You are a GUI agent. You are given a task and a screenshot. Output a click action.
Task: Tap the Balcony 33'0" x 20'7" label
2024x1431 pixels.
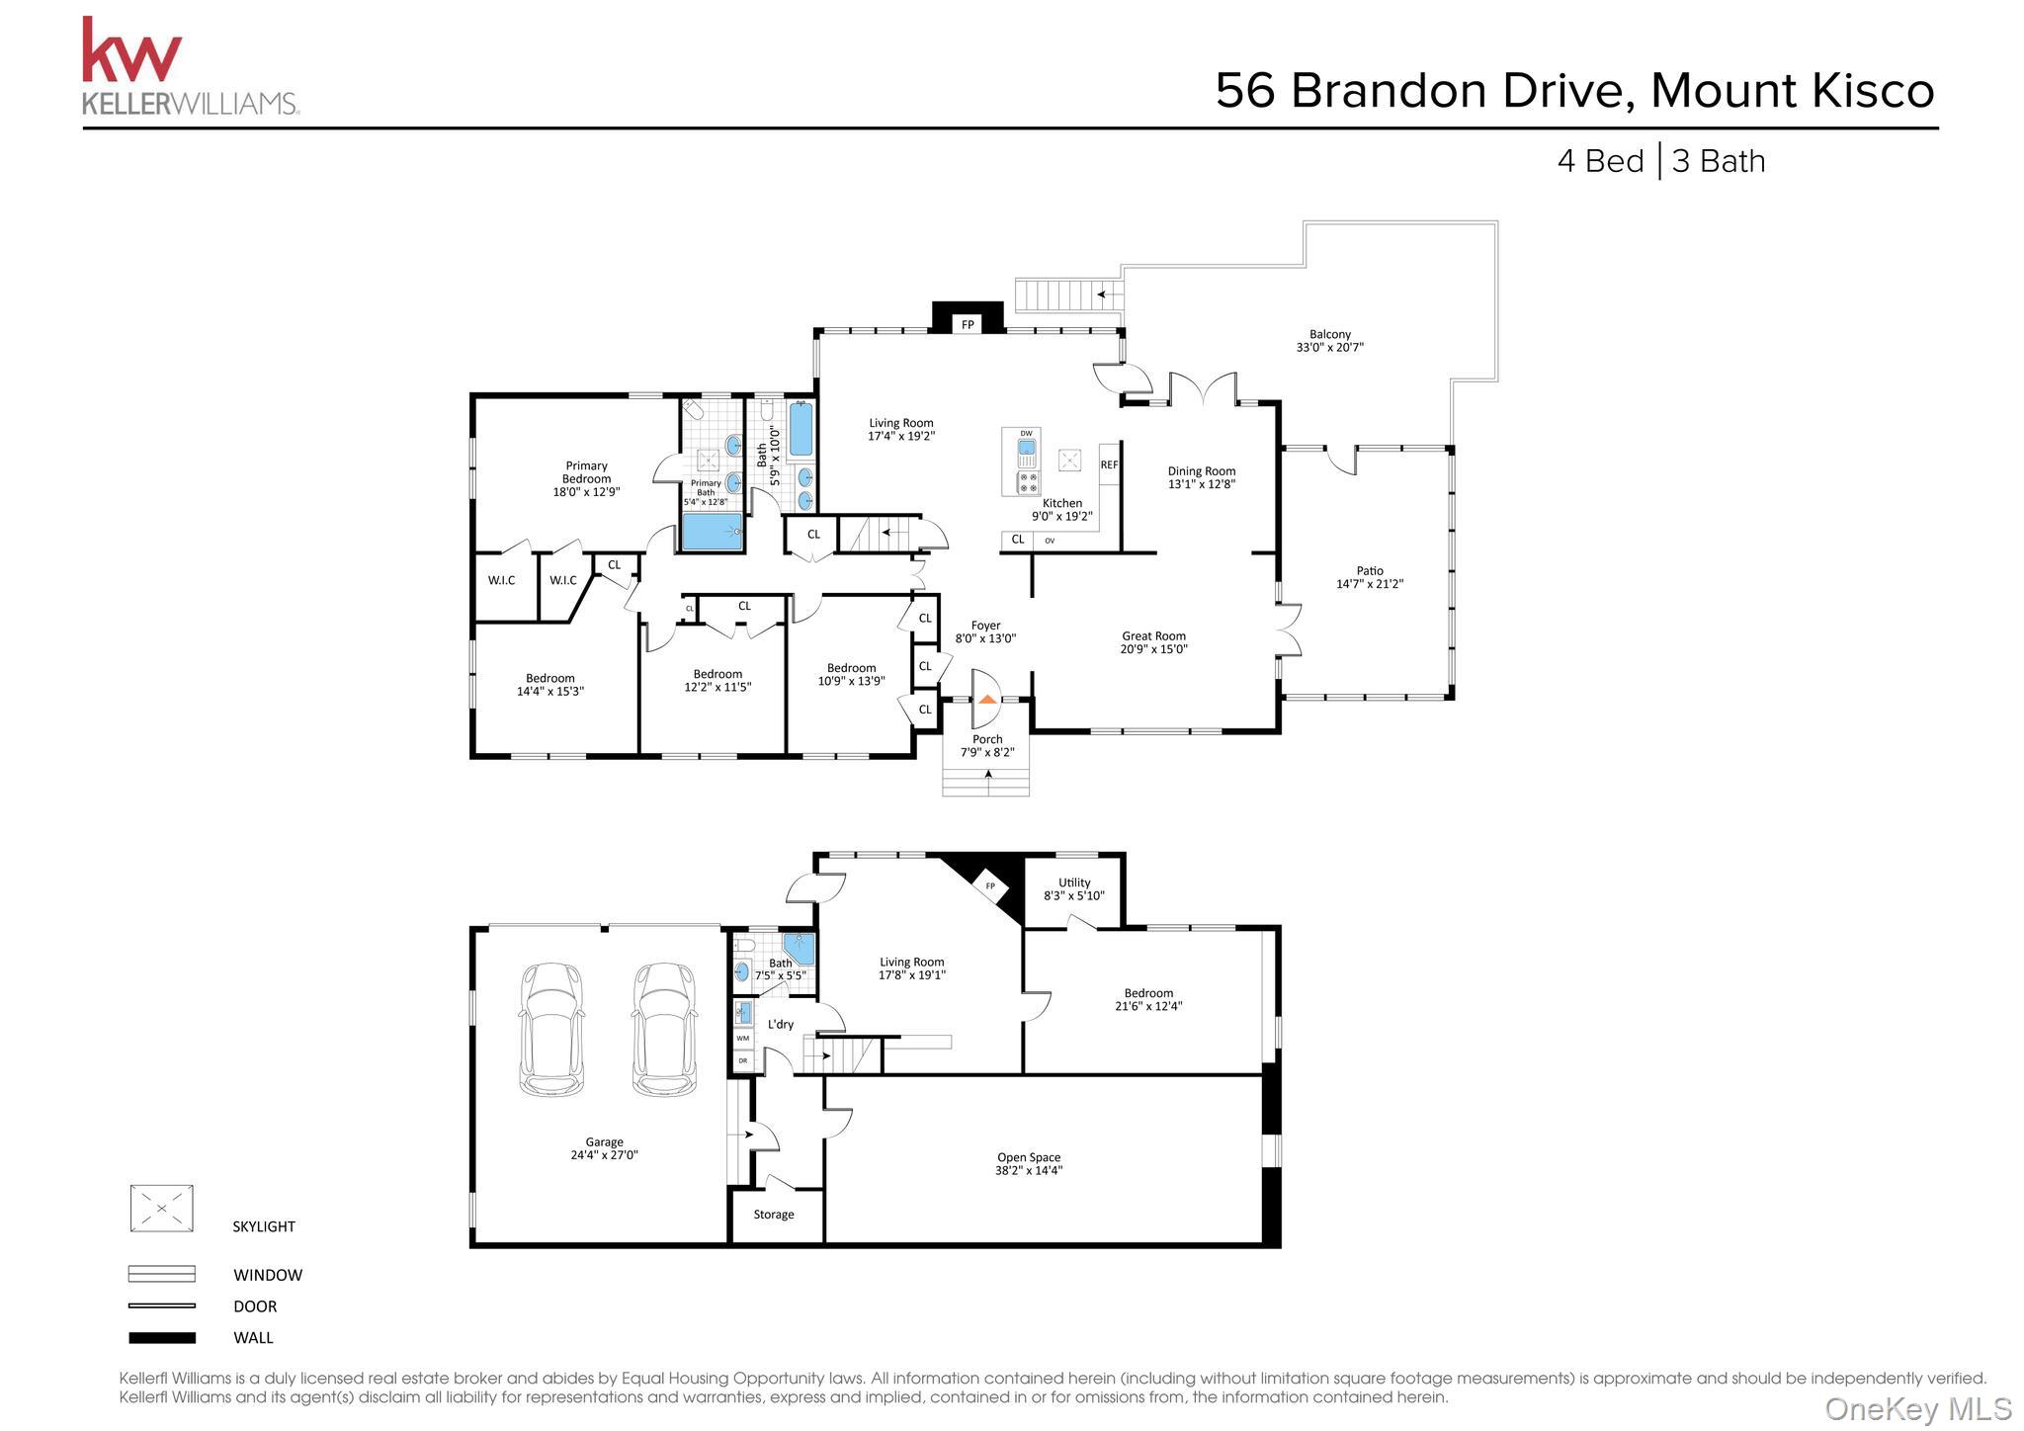(1329, 341)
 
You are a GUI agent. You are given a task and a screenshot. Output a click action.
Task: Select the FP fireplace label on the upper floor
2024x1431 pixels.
(968, 324)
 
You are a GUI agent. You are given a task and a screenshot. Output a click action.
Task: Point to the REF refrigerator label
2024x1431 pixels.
(1109, 464)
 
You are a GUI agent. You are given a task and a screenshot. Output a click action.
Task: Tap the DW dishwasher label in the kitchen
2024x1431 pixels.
(1026, 434)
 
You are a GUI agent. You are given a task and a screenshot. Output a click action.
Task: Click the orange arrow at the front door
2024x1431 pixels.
(987, 698)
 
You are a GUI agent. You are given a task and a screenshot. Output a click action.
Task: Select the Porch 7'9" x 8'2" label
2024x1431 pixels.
(987, 746)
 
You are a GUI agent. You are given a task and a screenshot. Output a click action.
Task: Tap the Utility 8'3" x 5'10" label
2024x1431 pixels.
(1074, 889)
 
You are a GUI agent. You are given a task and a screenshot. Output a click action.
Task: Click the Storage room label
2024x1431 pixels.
(774, 1215)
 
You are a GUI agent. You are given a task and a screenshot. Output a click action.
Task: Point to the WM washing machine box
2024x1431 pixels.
(743, 1039)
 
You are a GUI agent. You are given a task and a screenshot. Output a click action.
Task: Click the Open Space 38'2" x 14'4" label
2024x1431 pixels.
(1029, 1164)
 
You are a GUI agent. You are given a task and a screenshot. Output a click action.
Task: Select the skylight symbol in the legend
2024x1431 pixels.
(161, 1209)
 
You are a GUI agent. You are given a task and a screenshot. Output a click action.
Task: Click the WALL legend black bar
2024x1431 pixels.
(161, 1338)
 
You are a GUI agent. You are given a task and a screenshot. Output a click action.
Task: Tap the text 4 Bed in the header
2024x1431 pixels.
(1600, 161)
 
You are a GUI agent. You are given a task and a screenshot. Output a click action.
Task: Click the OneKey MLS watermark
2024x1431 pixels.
(1917, 1408)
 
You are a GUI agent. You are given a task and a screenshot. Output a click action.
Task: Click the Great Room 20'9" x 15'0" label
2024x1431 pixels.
(1153, 643)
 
